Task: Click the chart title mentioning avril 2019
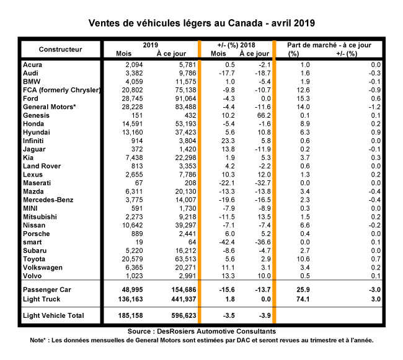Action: (201, 23)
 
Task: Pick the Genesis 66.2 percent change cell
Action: (263, 115)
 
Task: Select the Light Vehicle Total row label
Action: (53, 317)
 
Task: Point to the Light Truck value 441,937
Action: (174, 299)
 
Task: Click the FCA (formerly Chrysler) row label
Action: (61, 90)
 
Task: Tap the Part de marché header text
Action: (329, 45)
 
